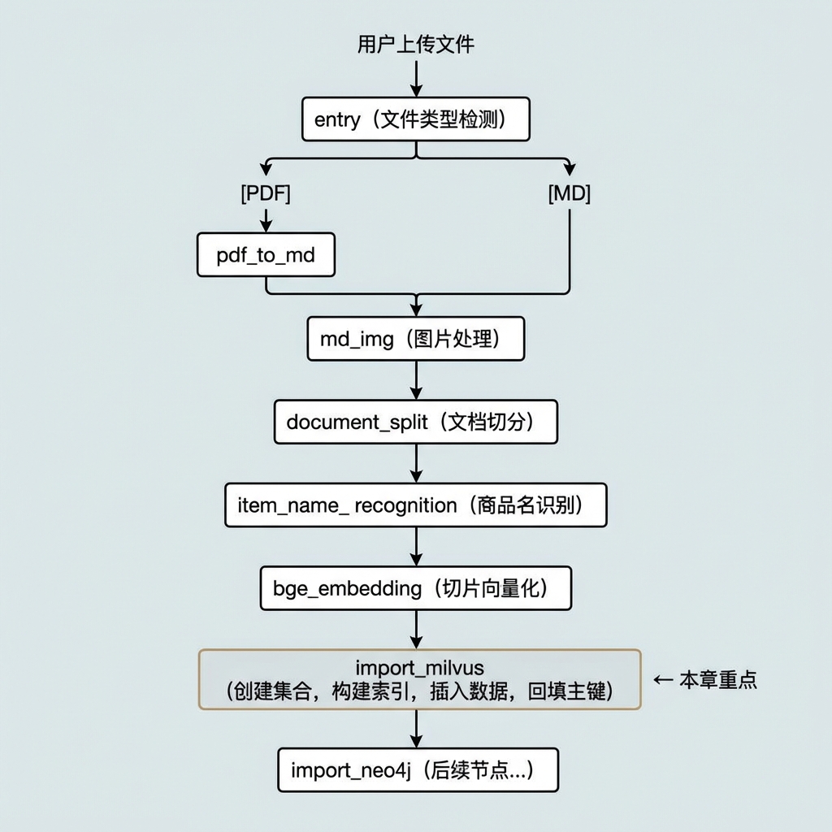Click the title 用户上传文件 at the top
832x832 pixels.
point(415,44)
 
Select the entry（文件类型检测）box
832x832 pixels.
point(416,119)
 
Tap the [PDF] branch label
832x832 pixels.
point(266,193)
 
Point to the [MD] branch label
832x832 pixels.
point(570,193)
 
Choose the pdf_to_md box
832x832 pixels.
point(266,254)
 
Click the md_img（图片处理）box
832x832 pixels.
point(416,339)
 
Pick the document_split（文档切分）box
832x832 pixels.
point(416,422)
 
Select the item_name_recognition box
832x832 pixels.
point(416,505)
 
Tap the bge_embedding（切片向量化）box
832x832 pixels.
point(416,588)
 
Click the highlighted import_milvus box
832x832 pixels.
point(420,679)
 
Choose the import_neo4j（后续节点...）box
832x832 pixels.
point(418,770)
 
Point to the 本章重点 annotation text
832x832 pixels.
point(718,680)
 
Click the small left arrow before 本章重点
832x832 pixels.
point(663,680)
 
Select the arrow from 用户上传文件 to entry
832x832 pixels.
point(417,79)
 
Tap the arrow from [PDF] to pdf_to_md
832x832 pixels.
point(266,220)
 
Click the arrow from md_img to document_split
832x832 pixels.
point(417,380)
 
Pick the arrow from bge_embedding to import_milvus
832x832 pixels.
point(417,630)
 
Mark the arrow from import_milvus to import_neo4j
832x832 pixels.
point(417,729)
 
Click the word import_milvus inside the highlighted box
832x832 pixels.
point(420,668)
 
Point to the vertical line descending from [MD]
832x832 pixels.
point(570,249)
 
